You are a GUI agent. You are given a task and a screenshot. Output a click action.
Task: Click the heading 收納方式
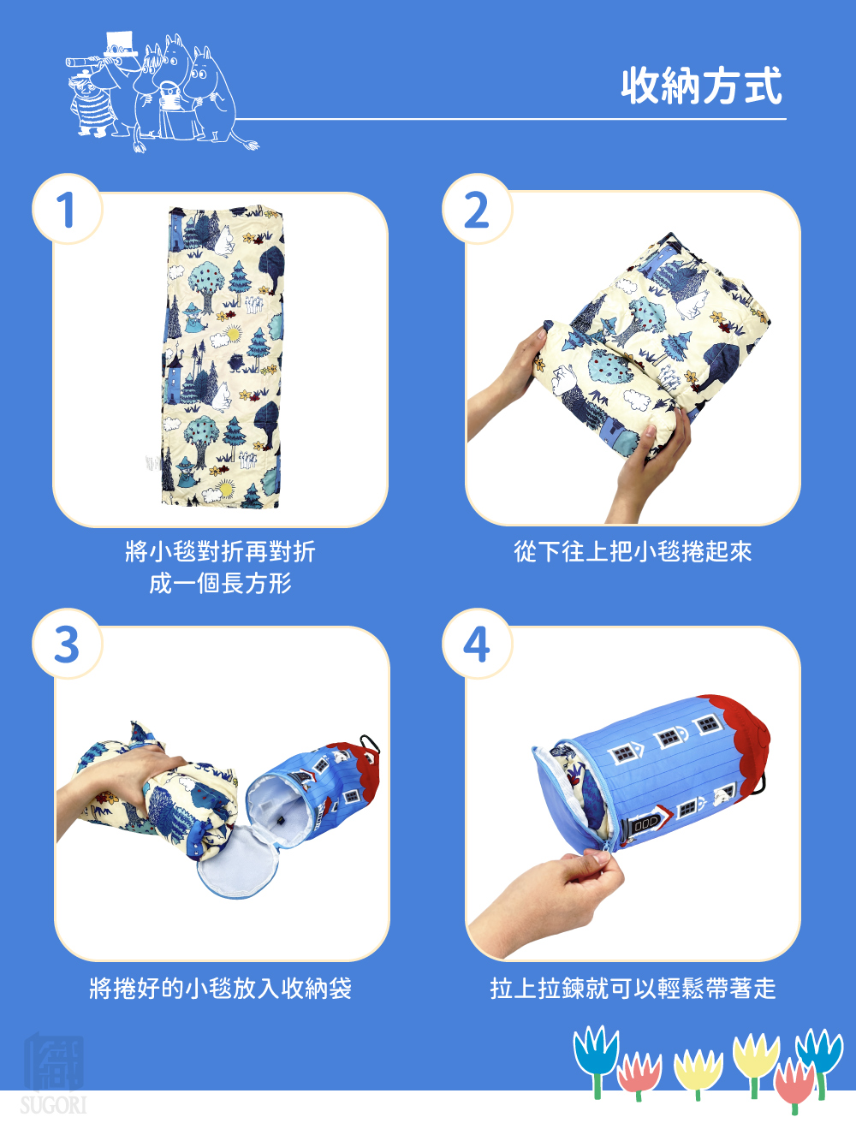701,86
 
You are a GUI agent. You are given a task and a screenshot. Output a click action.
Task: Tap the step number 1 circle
68,209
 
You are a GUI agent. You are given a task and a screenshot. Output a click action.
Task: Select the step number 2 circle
477,209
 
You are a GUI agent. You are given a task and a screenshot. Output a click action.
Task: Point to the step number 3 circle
68,644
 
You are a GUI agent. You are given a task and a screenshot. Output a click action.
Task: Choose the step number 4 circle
477,644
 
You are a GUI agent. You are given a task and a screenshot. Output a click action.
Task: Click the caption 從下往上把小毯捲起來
633,552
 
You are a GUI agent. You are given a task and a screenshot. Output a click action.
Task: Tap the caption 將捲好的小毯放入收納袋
221,988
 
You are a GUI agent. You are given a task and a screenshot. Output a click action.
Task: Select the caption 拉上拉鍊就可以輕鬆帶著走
633,988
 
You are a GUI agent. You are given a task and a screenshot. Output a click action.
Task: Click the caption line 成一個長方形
221,584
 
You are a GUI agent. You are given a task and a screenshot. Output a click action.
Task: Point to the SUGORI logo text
53,1105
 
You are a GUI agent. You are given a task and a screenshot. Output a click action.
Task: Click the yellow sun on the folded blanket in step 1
233,334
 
